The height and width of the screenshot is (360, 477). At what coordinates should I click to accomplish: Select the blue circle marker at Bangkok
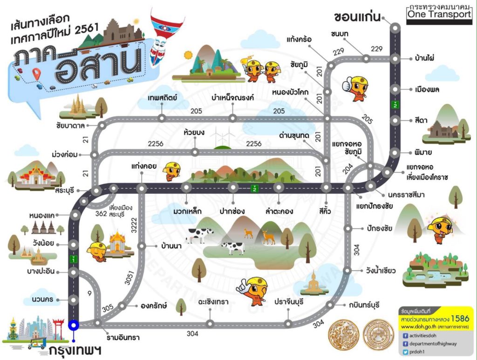pyautogui.click(x=73, y=326)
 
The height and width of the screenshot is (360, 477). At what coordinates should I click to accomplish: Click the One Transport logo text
pyautogui.click(x=439, y=15)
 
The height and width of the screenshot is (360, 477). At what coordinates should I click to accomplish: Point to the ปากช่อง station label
pyautogui.click(x=232, y=211)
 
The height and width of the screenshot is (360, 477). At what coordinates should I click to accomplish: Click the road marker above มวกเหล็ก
pyautogui.click(x=186, y=188)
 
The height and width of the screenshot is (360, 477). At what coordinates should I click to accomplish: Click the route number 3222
pyautogui.click(x=134, y=225)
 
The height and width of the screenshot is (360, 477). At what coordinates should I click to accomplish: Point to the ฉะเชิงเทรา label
pyautogui.click(x=212, y=302)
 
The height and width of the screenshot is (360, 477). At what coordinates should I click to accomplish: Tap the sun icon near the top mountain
pyautogui.click(x=188, y=55)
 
